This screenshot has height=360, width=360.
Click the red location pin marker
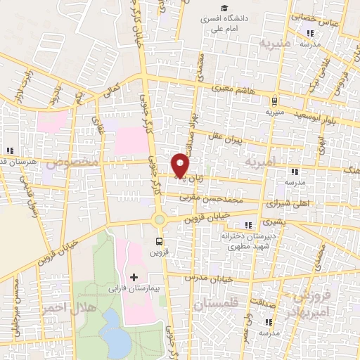pyautogui.click(x=181, y=165)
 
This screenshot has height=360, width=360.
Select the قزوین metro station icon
pyautogui.click(x=160, y=243)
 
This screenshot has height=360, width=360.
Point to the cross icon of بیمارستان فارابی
pyautogui.click(x=134, y=277)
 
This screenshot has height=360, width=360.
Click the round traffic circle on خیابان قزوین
pyautogui.click(x=160, y=219)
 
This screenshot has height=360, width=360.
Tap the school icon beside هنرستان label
pyautogui.click(x=10, y=150)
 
